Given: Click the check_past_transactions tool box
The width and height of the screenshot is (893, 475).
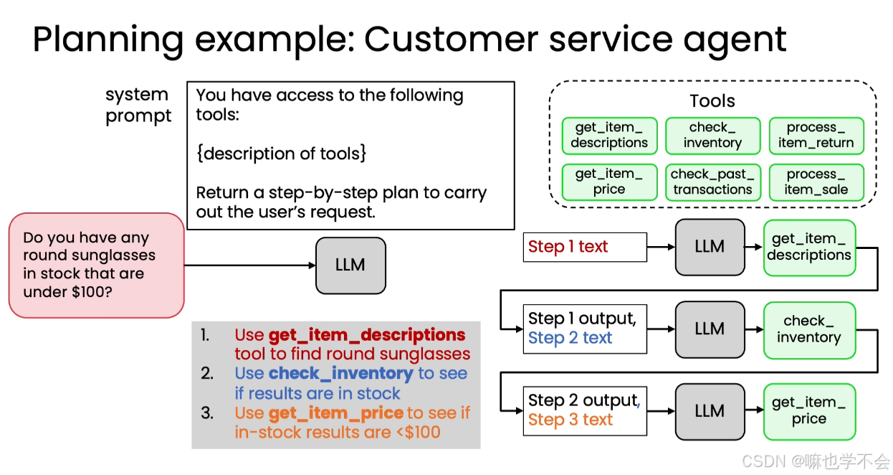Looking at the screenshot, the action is (x=713, y=182).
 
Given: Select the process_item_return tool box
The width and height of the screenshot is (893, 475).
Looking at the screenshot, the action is (x=816, y=136).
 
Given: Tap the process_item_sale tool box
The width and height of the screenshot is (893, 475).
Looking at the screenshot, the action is (x=816, y=182).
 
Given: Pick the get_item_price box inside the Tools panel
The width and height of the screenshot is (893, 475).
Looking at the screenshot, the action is (x=609, y=182).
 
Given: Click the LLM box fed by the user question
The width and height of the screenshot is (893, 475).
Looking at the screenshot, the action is (x=350, y=265).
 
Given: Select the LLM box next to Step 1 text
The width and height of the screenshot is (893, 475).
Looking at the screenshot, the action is (x=710, y=247).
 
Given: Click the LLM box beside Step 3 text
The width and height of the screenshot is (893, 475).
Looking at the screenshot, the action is (x=710, y=412).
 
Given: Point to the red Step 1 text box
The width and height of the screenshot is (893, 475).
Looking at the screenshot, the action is (x=585, y=247).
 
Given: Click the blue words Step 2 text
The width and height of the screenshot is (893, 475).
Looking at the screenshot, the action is (x=570, y=338).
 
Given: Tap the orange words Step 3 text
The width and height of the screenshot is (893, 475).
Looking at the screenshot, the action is (x=570, y=420).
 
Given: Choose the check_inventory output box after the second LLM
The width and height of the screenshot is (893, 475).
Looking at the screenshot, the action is (x=809, y=330).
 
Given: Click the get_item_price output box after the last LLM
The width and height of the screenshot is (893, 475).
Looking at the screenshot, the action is (x=809, y=412).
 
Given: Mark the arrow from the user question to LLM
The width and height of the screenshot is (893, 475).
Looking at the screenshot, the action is (x=250, y=265).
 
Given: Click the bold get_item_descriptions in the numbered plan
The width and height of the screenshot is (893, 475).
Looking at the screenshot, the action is (x=367, y=335).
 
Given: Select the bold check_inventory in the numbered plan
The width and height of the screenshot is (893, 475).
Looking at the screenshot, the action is (x=341, y=374).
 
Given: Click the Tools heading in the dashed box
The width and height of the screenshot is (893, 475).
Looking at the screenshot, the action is (x=712, y=101).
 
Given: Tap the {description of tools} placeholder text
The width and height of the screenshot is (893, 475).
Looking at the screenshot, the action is (x=281, y=154).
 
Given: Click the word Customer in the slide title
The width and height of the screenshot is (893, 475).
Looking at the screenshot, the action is (x=452, y=39).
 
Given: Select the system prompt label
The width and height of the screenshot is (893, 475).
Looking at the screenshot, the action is (x=138, y=105).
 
